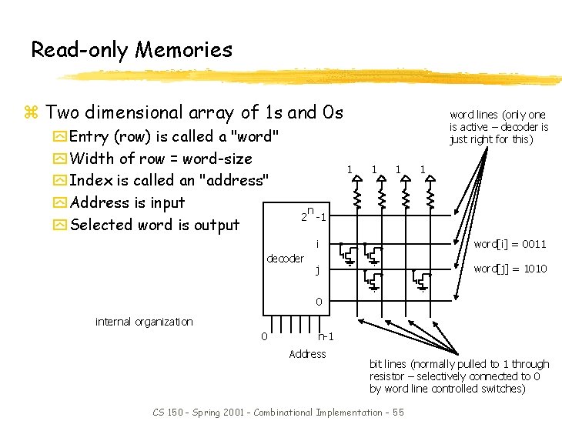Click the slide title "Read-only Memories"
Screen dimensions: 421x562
[132, 50]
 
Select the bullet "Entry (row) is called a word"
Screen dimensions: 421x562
[174, 137]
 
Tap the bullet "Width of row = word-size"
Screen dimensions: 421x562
[160, 159]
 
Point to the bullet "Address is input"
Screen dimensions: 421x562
[127, 202]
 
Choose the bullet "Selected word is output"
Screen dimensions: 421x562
[155, 225]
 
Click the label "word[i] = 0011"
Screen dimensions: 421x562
[510, 244]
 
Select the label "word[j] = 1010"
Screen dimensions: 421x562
[510, 269]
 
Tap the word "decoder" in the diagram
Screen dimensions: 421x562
[285, 259]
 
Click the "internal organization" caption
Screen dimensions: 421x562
[144, 321]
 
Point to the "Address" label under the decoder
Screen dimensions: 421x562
[307, 354]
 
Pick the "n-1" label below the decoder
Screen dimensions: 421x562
[325, 336]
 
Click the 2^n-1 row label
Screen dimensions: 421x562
[313, 215]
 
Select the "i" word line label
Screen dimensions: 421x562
[317, 244]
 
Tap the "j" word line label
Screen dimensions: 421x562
[317, 270]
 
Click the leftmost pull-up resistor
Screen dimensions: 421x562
[357, 199]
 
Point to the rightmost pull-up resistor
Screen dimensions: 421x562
[430, 199]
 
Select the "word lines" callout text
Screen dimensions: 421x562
[499, 127]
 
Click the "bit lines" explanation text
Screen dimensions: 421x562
[459, 376]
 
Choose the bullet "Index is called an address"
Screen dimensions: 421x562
[169, 181]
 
